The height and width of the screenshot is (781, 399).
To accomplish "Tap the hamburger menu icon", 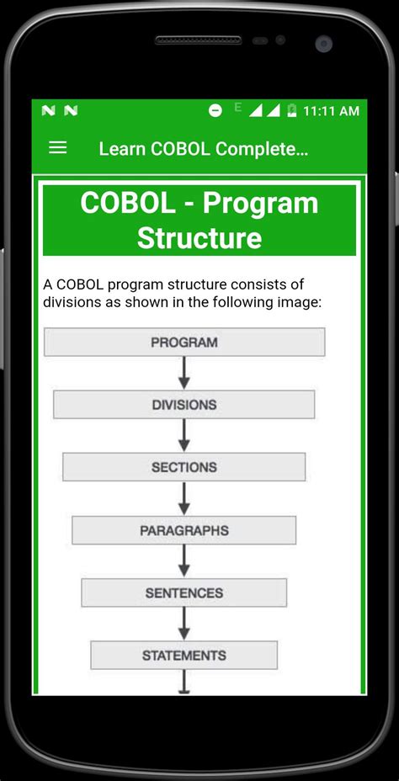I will (x=57, y=147).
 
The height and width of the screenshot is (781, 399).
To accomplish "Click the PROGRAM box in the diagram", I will (x=184, y=342).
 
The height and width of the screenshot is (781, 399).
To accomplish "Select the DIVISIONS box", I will (x=184, y=405).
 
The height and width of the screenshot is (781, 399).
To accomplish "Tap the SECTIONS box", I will (x=184, y=467).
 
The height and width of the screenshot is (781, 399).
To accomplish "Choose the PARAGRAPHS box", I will (x=184, y=530).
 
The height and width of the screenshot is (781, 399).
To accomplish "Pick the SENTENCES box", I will (x=184, y=592).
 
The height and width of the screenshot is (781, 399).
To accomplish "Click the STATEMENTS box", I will (x=184, y=655).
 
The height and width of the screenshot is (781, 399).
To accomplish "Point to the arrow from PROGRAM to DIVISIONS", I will (x=184, y=373).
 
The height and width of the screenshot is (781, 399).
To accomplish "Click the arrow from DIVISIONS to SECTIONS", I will (x=184, y=436).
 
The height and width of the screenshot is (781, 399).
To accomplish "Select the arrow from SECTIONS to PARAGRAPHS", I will (x=184, y=499).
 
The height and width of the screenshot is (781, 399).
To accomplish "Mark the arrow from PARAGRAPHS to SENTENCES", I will (x=184, y=561).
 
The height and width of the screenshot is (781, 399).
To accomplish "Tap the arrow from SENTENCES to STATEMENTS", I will (x=184, y=624).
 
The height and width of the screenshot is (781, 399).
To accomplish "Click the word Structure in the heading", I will (x=199, y=238).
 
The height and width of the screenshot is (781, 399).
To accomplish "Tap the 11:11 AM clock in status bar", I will (x=331, y=111).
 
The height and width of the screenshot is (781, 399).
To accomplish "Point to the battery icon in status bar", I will (x=291, y=110).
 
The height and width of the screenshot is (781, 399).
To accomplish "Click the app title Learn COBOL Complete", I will (x=204, y=149).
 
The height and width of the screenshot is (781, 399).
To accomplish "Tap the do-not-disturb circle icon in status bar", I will (x=215, y=110).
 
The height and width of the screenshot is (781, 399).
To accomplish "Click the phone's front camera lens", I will (x=323, y=42).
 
